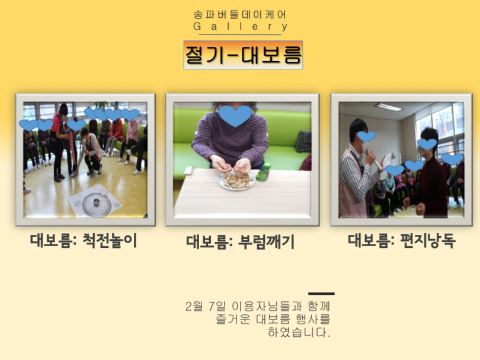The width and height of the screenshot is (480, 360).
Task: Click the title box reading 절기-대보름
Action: click(x=243, y=55)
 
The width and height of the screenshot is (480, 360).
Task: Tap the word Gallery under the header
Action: click(x=241, y=26)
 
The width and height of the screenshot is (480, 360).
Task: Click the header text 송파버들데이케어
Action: click(x=240, y=15)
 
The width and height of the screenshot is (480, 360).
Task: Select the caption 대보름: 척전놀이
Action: click(x=84, y=241)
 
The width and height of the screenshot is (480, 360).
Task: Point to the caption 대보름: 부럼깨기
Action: click(x=241, y=242)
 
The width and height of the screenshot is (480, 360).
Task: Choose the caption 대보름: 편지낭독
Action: click(x=402, y=241)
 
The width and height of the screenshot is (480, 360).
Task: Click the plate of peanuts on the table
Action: click(x=236, y=180)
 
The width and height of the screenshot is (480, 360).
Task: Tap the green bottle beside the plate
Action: click(x=264, y=171)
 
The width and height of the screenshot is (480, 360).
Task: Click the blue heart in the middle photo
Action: click(x=235, y=116)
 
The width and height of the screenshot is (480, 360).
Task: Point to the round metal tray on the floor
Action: click(x=97, y=203)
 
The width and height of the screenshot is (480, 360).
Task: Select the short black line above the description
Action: click(x=321, y=294)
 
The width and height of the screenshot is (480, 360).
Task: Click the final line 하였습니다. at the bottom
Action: click(x=299, y=332)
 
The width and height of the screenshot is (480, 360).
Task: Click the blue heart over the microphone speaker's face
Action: click(x=366, y=136)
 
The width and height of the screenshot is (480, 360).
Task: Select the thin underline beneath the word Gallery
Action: click(x=241, y=34)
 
